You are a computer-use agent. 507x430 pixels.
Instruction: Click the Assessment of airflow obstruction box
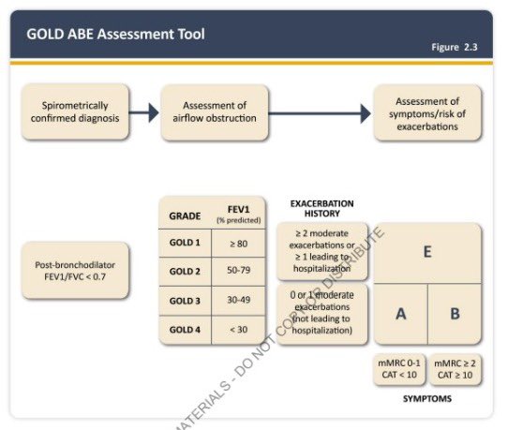[214, 112]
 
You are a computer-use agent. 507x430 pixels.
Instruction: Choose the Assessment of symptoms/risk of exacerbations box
[427, 112]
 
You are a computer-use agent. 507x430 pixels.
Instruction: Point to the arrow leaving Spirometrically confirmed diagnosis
[141, 113]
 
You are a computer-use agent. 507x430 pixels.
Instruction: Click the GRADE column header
[185, 215]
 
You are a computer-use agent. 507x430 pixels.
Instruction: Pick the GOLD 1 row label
[185, 243]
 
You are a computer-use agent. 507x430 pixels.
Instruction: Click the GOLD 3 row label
[185, 301]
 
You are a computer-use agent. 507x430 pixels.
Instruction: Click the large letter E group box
[427, 252]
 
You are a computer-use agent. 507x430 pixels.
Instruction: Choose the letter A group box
[400, 314]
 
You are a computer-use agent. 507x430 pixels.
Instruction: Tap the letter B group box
[455, 314]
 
